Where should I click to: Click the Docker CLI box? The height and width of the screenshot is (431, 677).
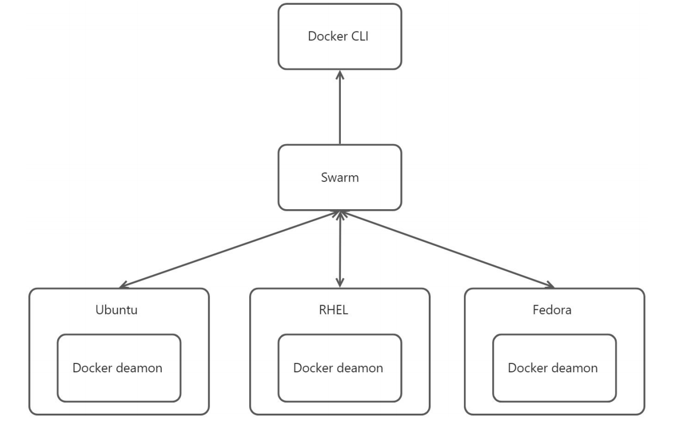click(x=340, y=37)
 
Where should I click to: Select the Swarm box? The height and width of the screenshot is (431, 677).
click(x=340, y=177)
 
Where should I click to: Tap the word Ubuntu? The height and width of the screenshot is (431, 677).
click(x=117, y=309)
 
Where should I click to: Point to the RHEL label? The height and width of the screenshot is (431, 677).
click(x=334, y=309)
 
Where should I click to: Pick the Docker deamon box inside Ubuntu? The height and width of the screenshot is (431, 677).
click(x=119, y=368)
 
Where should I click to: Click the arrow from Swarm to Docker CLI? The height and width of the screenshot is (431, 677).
click(x=340, y=110)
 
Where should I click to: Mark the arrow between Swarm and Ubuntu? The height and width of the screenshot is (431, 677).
click(x=230, y=249)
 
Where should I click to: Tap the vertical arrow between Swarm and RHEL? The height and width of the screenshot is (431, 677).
click(x=340, y=249)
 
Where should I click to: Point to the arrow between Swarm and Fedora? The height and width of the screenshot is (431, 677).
click(x=448, y=249)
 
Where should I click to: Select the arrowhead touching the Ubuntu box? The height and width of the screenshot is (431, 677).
click(x=123, y=286)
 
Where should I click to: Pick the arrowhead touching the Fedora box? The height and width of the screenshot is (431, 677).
click(x=550, y=286)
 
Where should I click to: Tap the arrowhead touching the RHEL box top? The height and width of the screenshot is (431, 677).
click(x=340, y=284)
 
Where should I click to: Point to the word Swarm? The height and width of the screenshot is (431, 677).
click(x=340, y=177)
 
